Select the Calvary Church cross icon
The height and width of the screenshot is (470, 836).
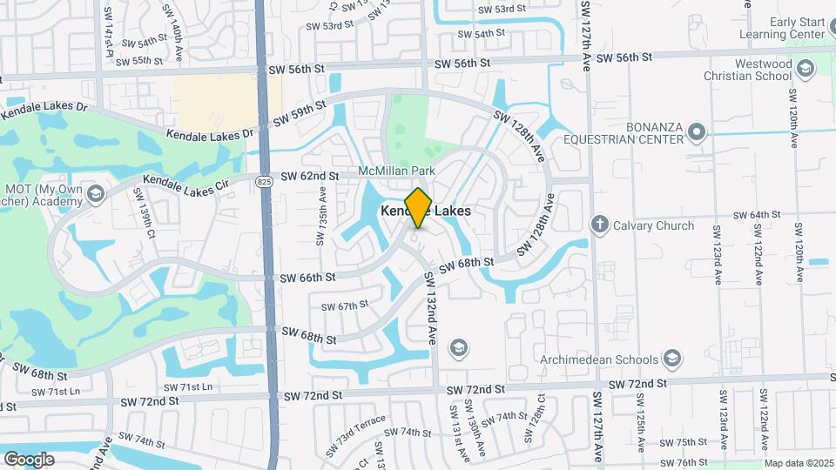tap(599, 225)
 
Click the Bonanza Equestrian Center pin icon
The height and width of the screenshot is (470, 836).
tap(696, 132)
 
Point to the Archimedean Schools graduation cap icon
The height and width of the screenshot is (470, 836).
tap(671, 359)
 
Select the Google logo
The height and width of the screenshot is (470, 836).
tap(29, 459)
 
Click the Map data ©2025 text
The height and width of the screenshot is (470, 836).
tap(799, 463)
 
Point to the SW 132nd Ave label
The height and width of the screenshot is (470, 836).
tap(430, 308)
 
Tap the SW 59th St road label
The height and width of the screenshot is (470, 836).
tap(298, 114)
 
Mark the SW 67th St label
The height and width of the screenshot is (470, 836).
tap(345, 305)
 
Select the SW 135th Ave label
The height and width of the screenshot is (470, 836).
tap(322, 214)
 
